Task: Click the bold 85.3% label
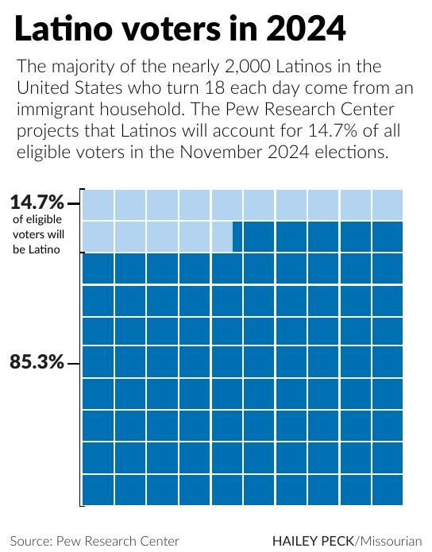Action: click(x=37, y=362)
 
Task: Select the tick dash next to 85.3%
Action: click(x=74, y=363)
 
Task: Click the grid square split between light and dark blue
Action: click(x=227, y=237)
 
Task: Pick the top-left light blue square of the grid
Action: click(x=98, y=205)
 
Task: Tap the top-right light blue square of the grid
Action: click(x=388, y=205)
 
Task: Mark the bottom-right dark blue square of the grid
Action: click(x=388, y=489)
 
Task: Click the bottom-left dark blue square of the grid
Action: click(x=98, y=489)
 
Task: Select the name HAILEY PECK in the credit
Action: click(x=313, y=540)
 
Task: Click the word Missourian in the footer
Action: click(x=390, y=540)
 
